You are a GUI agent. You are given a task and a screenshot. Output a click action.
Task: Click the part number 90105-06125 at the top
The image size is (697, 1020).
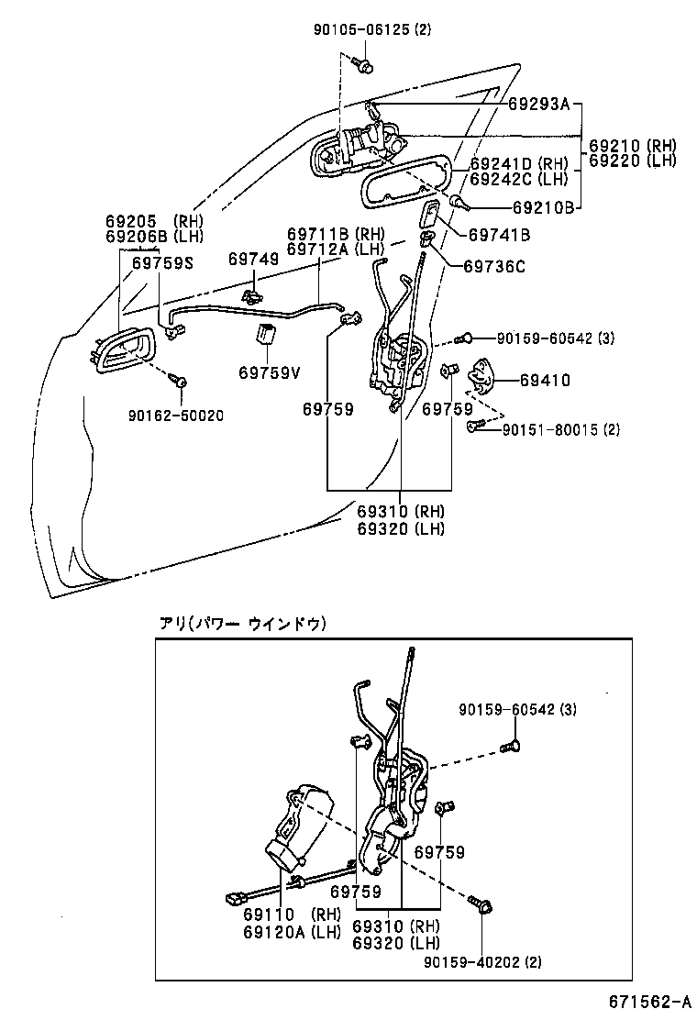[359, 29]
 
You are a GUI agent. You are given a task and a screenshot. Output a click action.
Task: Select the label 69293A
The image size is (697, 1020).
[540, 105]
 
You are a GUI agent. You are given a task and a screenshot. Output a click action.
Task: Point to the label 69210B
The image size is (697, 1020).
[544, 207]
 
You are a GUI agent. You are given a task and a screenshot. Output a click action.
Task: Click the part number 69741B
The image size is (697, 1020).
[499, 235]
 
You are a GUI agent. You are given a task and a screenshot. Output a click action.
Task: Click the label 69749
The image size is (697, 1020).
[253, 260]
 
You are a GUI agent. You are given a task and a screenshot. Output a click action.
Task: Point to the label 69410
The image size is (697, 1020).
[545, 379]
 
